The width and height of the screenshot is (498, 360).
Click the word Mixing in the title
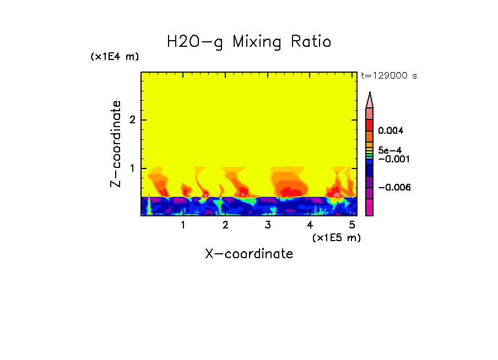256,42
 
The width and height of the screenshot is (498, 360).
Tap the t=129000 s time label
388,76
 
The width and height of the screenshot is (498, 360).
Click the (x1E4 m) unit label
115,57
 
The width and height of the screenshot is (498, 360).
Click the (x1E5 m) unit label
336,237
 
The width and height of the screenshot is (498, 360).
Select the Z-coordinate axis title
116,144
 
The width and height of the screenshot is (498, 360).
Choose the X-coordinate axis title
249,254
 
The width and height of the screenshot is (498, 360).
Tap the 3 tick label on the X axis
268,225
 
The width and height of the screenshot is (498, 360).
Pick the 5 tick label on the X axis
352,225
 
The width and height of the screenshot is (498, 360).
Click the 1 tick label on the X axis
183,225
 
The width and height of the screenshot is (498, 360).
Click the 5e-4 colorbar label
389,150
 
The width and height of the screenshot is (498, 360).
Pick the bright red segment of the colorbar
370,124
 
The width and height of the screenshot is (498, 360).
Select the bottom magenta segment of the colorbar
370,208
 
